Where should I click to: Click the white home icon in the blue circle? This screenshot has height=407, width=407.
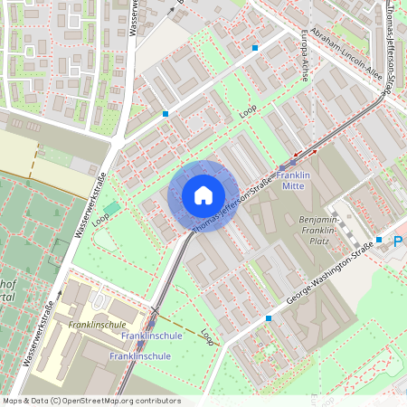pos(203,195)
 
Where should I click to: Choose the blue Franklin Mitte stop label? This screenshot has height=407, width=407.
pos(293,180)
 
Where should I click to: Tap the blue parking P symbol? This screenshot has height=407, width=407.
pos(398,242)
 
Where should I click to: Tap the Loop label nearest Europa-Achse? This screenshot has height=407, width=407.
pos(249,113)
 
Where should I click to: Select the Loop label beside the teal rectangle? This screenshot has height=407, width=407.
pos(100,218)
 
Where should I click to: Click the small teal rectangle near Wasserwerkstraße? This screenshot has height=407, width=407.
pos(111,208)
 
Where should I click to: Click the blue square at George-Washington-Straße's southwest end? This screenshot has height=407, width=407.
pos(269,318)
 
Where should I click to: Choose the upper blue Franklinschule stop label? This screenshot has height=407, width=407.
pos(152,336)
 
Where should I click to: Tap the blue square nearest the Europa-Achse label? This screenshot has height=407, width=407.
pos(256,47)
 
